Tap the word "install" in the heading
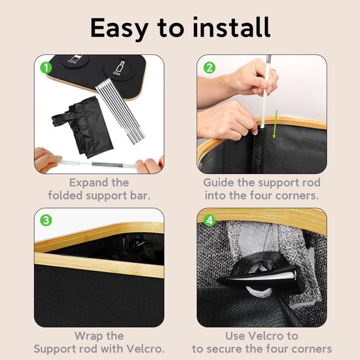[x=232, y=27]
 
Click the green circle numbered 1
[x=46, y=67]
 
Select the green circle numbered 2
[x=209, y=67]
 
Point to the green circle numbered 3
[x=46, y=220]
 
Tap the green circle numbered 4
[x=209, y=220]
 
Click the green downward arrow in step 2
[x=275, y=124]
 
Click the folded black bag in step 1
[x=83, y=127]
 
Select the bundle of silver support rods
[x=120, y=111]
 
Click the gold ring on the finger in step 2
[x=272, y=69]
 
